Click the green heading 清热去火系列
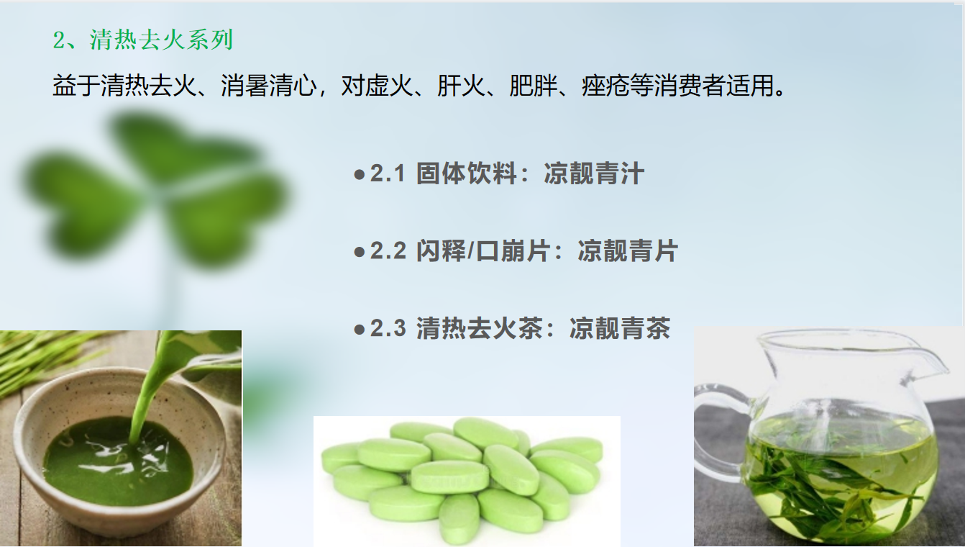(x=161, y=40)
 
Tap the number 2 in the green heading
(x=59, y=40)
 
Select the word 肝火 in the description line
(x=461, y=86)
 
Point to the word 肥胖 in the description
(x=534, y=86)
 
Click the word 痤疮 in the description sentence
(x=605, y=86)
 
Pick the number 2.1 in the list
(x=388, y=173)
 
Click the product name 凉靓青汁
(x=594, y=173)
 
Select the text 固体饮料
(x=467, y=173)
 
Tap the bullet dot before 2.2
(x=360, y=252)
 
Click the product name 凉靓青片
(x=628, y=251)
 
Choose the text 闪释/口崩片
(x=483, y=251)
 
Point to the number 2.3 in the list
(x=388, y=328)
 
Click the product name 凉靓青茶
(x=620, y=328)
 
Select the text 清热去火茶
(x=479, y=328)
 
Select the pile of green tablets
(x=463, y=481)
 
